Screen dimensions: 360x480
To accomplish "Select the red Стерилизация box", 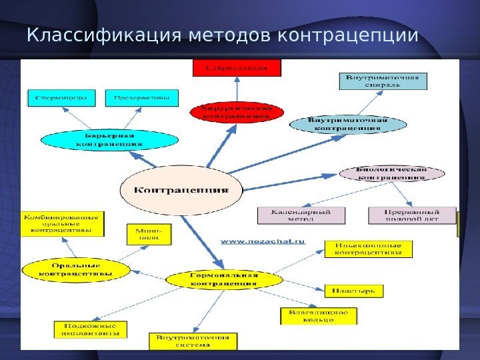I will coord(237,67).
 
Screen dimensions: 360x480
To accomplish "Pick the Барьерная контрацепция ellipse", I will coord(109,139).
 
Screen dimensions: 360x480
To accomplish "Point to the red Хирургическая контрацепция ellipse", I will coord(237,111).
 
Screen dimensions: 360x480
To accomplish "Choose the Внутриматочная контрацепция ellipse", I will coord(347,124).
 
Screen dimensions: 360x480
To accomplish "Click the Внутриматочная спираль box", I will coord(383,81).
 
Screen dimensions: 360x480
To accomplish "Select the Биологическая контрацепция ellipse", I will coord(392,173).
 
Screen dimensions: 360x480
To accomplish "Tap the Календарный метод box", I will coord(303,215).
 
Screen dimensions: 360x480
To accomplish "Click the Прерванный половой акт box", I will coord(412,215).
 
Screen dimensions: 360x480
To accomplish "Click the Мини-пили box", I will coord(149,234).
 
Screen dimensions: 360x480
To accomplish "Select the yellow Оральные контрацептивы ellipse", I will coord(75,269).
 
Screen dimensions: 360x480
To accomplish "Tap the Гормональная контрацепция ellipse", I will coord(223,279).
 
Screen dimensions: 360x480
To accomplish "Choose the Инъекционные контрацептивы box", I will coord(368,249).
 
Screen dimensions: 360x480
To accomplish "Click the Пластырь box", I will coord(354,291).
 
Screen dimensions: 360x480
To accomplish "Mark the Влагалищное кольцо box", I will coord(318,315).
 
